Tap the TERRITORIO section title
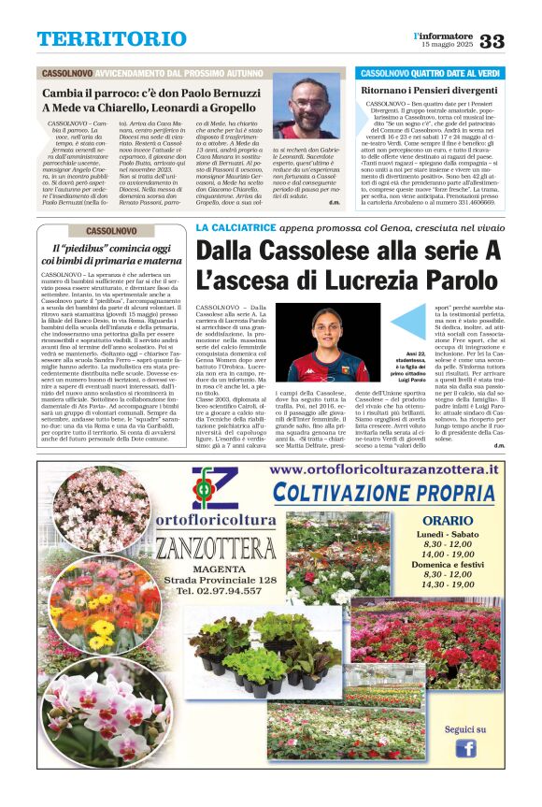click(99, 39)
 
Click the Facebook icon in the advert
click(464, 748)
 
